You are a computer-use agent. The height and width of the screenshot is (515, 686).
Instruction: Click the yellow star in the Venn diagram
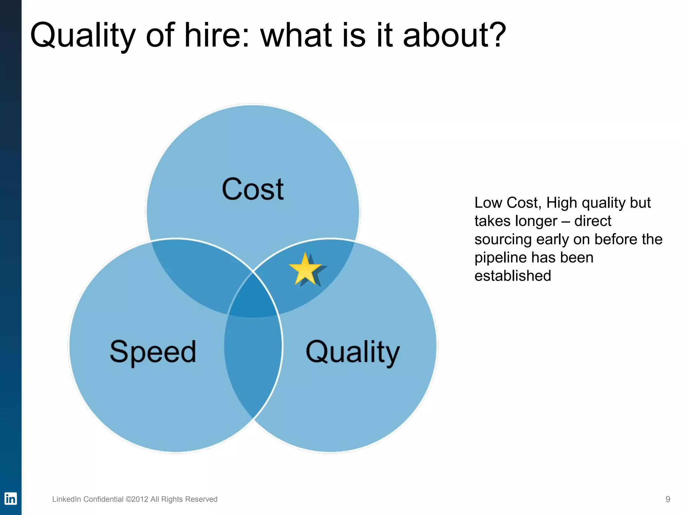(x=305, y=269)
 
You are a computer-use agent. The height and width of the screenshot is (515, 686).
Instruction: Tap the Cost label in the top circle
(x=253, y=189)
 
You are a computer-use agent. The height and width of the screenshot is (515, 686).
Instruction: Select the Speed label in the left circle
(x=153, y=352)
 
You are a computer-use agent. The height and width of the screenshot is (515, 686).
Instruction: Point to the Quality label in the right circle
(x=353, y=352)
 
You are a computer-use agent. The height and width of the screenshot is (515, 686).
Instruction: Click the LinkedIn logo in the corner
(x=10, y=499)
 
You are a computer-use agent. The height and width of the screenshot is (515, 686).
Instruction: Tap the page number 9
(x=668, y=499)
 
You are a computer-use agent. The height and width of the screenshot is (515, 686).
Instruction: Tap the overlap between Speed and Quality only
(x=253, y=362)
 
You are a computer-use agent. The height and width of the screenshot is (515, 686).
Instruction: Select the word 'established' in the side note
(x=512, y=276)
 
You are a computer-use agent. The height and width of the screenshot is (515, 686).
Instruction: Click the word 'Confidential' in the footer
(x=104, y=499)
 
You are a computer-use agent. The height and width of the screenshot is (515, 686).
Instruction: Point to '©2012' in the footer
(x=137, y=499)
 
